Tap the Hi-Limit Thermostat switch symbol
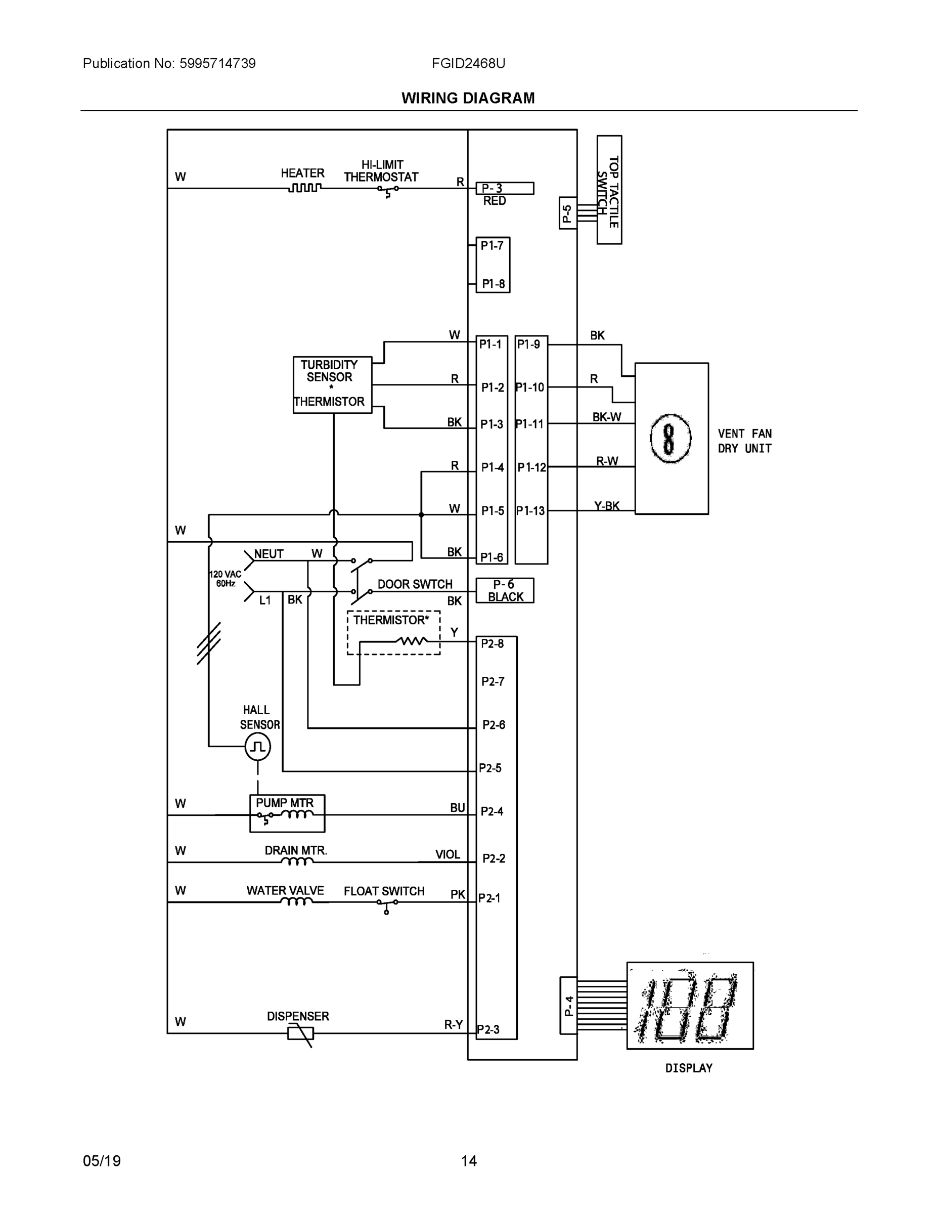coord(388,190)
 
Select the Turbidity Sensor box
coord(332,384)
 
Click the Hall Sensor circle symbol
coord(257,747)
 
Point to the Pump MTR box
coord(287,813)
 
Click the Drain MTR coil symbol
coord(297,862)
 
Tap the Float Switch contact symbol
coord(387,904)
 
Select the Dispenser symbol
coord(300,1033)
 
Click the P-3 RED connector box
coord(505,189)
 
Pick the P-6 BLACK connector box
coord(505,590)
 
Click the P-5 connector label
coord(567,213)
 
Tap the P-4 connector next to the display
coord(568,1005)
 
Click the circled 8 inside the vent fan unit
coord(670,439)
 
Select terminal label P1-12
coord(531,467)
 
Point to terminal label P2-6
coord(494,725)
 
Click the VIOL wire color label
coord(448,854)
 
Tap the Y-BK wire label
coord(606,506)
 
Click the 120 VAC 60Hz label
coord(225,579)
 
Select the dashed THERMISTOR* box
coord(393,633)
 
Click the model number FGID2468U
coord(468,63)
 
